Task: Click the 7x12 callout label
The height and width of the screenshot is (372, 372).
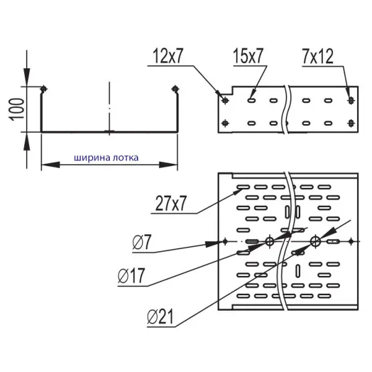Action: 318,58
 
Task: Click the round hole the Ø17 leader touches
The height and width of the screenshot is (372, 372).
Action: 270,241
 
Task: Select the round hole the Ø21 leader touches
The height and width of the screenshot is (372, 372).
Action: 315,241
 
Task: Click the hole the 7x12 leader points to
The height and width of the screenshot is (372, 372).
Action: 352,99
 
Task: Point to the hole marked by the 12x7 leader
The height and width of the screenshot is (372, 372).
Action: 225,100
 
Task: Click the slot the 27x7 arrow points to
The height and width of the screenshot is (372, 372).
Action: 242,187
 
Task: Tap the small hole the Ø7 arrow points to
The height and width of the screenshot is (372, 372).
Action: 226,241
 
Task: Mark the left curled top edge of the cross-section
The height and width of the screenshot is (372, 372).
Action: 43,89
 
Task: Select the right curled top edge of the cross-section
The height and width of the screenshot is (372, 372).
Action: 177,89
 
